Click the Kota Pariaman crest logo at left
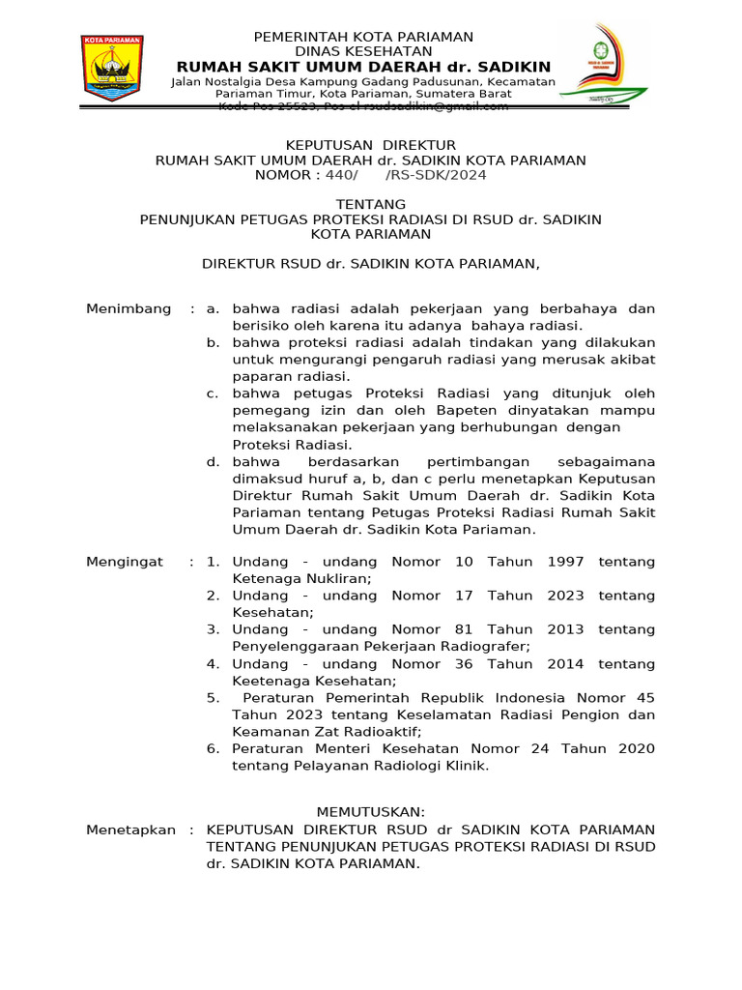click(x=112, y=70)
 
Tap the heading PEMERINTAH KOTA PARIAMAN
click(x=363, y=37)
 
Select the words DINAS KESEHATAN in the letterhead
click(x=363, y=51)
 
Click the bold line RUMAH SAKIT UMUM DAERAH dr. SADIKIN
click(x=363, y=67)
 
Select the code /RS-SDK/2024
click(x=436, y=175)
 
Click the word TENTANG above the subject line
click(x=370, y=205)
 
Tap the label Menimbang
click(x=128, y=309)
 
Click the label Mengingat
click(x=125, y=562)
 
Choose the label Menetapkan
click(x=130, y=830)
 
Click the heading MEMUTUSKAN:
click(x=371, y=811)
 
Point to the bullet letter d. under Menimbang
click(x=213, y=462)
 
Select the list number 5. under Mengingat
click(x=213, y=698)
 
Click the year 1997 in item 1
click(x=565, y=562)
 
